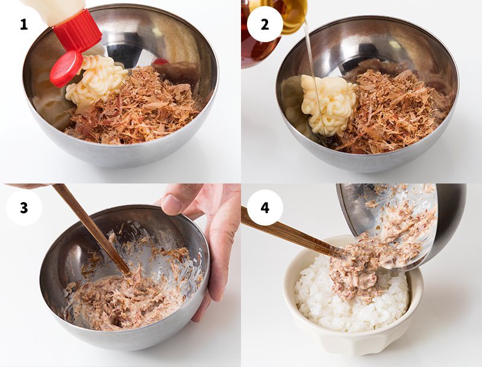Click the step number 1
(x=23, y=24)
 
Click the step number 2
(x=264, y=24)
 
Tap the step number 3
(x=23, y=208)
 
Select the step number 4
(x=265, y=208)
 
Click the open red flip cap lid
(x=66, y=69)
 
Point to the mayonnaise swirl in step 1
(x=95, y=81)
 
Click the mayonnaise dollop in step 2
(x=328, y=104)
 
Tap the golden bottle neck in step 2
(x=292, y=16)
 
